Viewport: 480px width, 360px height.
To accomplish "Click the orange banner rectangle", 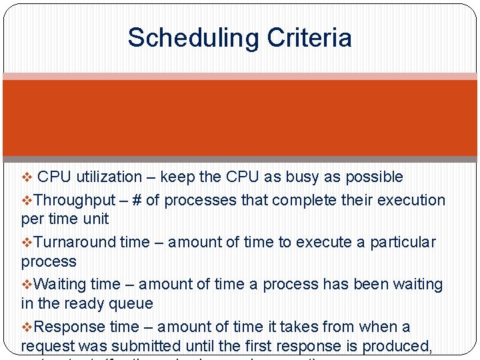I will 240,118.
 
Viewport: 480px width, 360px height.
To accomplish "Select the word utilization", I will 109,177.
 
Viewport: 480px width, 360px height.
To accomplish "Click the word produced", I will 417,346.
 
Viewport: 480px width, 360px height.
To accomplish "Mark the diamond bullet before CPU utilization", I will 26,177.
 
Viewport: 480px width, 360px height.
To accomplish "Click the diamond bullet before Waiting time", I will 27,285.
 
